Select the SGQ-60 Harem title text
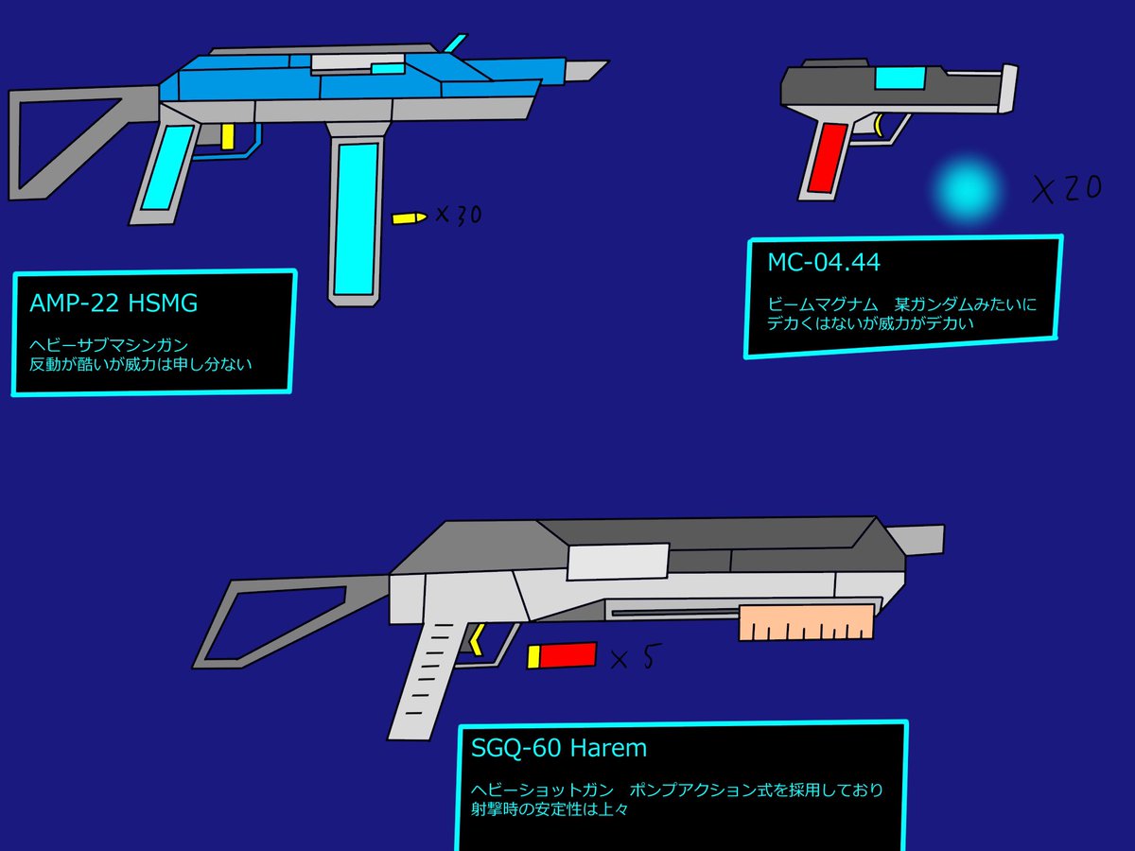click(559, 748)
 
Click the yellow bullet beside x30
click(409, 218)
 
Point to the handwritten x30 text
click(458, 215)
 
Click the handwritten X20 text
click(1066, 189)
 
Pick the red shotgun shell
click(563, 655)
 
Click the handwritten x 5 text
click(633, 657)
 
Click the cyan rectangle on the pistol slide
click(899, 79)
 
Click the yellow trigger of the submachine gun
click(227, 136)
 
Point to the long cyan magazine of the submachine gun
click(355, 217)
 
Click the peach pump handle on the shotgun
click(806, 625)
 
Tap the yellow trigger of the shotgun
click(477, 641)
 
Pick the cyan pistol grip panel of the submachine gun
click(165, 168)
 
